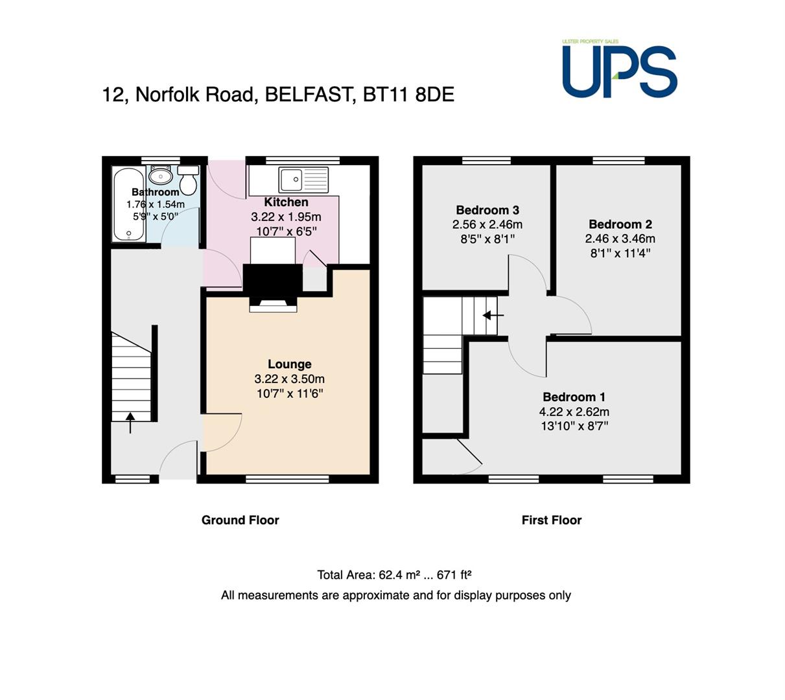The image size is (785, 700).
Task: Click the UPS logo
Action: point(619,69)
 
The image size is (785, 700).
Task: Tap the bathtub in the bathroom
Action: point(128,204)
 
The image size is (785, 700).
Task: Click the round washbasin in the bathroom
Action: point(160,176)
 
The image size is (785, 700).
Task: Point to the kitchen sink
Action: point(303,180)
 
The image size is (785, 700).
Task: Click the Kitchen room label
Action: point(286,202)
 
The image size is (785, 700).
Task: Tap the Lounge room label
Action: point(290,364)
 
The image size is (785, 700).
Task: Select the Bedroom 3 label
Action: point(487,210)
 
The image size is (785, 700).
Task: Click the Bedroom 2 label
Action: point(620,224)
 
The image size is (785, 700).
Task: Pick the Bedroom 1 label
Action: point(574,397)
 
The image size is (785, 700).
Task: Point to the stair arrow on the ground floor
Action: point(130,423)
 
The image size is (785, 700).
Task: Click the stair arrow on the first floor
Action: point(493,316)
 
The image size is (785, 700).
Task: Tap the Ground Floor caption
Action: point(240,520)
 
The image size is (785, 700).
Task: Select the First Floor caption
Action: point(552,520)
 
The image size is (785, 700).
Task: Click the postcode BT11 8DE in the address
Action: point(408,95)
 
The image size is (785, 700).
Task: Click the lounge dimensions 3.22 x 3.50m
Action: point(290,379)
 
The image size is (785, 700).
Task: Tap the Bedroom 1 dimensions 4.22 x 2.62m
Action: point(574,412)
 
